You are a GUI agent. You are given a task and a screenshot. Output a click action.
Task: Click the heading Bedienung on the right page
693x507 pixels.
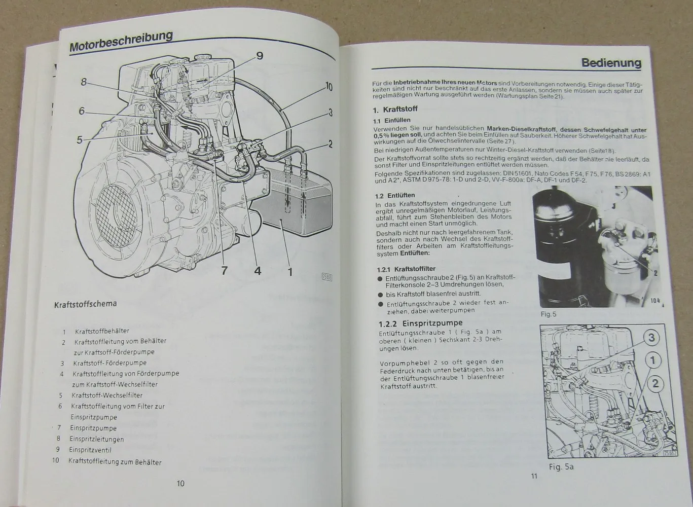611,63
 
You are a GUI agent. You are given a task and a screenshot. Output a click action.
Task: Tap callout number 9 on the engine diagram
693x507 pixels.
259,56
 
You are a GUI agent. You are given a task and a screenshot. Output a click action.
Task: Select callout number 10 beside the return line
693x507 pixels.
329,87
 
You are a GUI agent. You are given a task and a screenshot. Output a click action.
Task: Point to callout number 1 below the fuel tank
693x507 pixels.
290,272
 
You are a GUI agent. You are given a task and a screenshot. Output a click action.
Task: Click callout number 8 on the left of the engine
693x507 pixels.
84,81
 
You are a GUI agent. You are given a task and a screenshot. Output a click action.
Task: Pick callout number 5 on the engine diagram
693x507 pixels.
80,140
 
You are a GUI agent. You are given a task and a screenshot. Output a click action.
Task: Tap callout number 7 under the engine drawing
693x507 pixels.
224,271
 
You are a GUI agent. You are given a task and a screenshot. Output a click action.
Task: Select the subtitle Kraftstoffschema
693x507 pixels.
85,304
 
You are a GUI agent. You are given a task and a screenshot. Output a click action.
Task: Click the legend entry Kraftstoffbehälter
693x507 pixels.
101,331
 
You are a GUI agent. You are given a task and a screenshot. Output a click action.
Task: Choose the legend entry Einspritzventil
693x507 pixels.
90,450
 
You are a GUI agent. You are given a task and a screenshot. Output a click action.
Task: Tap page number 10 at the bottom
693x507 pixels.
180,483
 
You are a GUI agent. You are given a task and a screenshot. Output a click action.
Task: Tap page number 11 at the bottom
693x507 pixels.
533,476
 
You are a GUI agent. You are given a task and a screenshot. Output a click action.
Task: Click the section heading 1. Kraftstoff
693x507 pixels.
395,110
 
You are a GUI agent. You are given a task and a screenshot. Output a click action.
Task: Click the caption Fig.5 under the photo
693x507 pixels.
548,314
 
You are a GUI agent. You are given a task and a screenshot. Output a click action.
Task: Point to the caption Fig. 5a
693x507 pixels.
561,466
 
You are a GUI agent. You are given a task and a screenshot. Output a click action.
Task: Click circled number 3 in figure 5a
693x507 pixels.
652,338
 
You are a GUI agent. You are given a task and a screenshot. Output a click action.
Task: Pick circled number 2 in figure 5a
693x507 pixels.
655,383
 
